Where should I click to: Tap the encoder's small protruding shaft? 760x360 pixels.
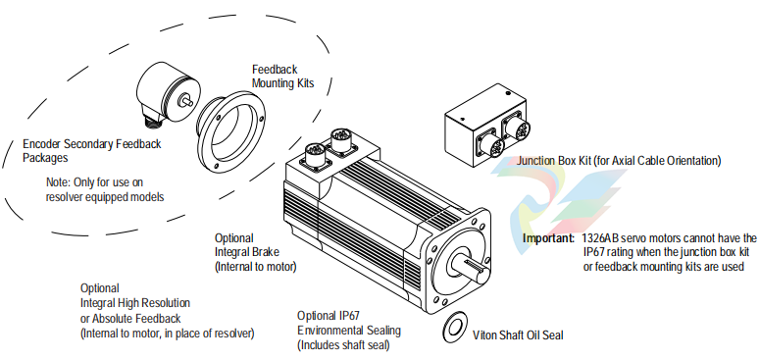point(186,101)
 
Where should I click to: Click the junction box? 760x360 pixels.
point(484,126)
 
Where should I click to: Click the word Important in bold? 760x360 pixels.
point(548,238)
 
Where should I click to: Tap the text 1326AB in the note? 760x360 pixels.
point(598,238)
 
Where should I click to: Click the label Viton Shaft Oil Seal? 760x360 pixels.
point(518,334)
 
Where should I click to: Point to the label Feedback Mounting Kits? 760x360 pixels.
point(283,77)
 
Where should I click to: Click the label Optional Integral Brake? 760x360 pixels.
point(247,245)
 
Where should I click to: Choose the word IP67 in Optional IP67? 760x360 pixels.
point(348,317)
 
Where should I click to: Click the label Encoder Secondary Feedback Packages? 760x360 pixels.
point(92,151)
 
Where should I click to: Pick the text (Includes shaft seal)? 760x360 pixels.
point(343,345)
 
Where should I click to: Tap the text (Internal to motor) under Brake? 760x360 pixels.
point(255,267)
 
